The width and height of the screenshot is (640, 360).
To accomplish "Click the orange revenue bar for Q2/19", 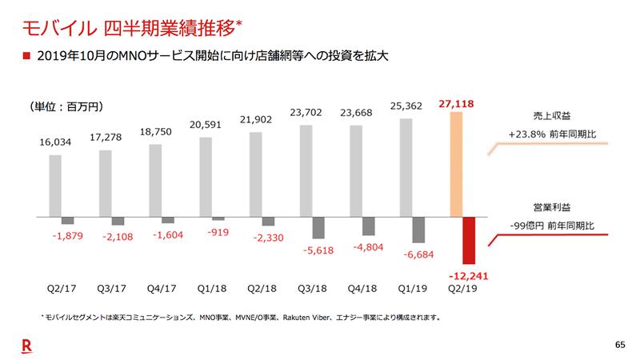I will coord(458,164).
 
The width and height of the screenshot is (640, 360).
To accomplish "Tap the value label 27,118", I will coord(458,104).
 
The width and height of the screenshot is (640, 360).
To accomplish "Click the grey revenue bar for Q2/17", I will coord(55,185).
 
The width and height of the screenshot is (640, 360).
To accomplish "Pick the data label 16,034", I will coord(55,144).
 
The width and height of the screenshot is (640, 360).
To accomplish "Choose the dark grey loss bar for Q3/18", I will coord(318,228).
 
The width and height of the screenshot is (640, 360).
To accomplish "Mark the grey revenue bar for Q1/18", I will coord(206,177).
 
